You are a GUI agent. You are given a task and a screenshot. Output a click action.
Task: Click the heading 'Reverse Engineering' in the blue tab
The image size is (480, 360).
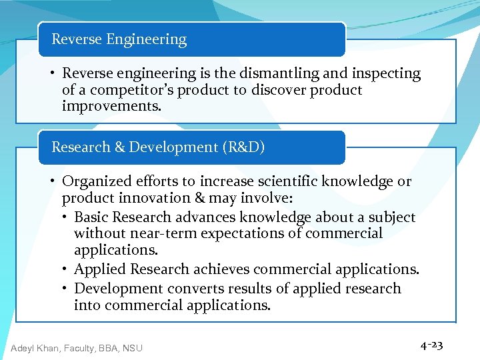119,39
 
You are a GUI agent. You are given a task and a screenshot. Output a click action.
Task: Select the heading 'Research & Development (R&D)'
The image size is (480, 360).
158,147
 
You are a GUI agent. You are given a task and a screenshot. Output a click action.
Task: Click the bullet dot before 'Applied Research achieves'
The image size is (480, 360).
67,269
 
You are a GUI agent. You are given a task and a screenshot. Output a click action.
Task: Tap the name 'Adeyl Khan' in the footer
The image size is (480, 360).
35,347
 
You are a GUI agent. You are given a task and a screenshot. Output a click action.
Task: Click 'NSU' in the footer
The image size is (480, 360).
131,347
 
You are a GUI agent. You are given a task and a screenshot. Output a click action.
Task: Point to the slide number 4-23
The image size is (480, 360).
431,345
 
